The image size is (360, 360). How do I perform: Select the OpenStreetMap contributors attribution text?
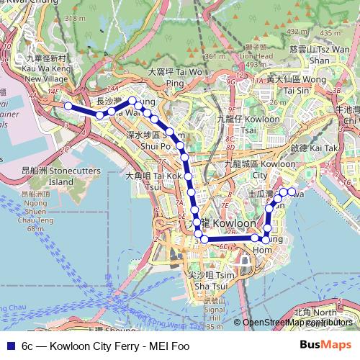297,323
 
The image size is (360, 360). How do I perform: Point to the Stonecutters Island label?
48,177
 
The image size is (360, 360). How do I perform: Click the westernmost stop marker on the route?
68,107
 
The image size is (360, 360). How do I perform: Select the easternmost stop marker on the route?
292,192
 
